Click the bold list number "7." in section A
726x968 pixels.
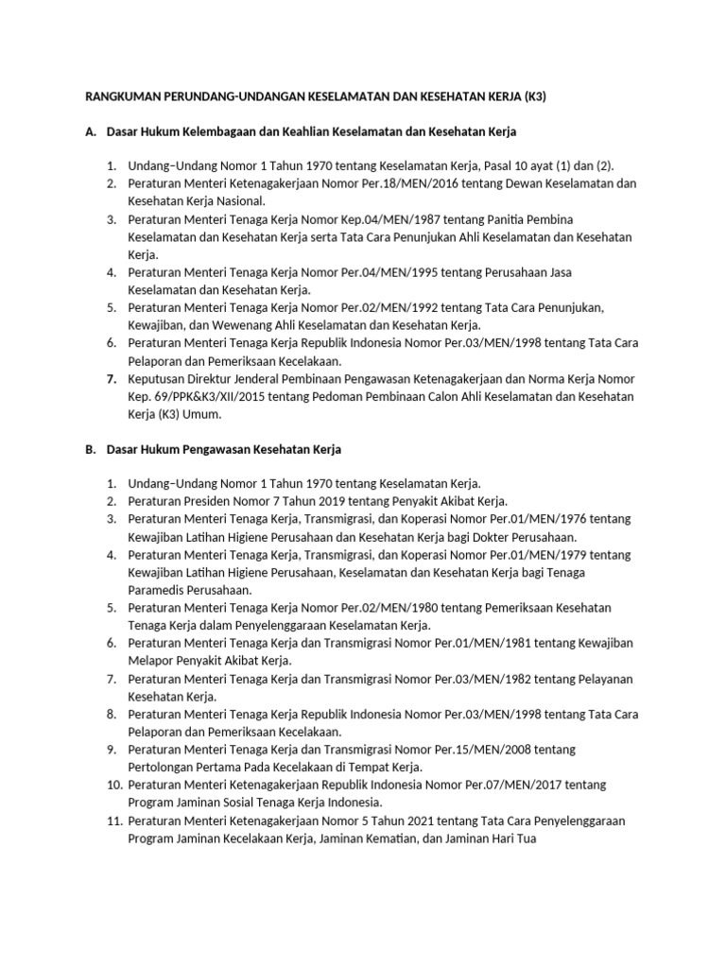click(111, 378)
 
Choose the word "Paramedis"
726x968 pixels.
click(157, 590)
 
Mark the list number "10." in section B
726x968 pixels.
click(112, 786)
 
